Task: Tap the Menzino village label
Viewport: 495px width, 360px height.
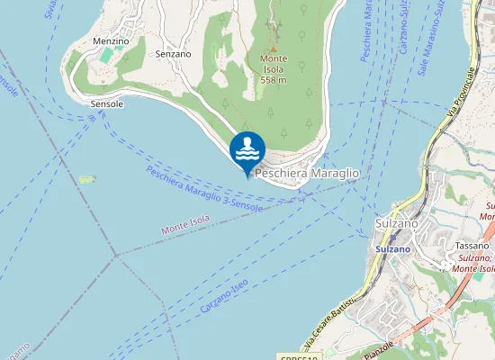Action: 111,41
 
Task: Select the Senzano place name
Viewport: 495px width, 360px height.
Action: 173,54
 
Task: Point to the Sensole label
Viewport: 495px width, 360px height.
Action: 106,104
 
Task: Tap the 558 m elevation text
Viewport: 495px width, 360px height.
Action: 274,80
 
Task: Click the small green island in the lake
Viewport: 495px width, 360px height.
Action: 87,179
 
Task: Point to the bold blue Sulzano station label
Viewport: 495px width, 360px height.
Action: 392,248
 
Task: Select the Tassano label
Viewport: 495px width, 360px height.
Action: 472,245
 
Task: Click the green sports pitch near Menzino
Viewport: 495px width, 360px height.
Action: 107,56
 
